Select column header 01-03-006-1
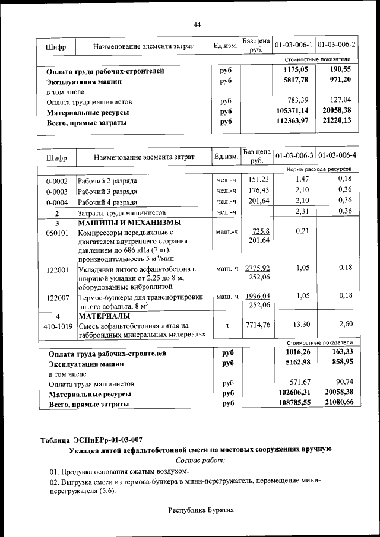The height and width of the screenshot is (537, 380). [293, 45]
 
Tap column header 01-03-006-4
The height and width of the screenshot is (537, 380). [337, 156]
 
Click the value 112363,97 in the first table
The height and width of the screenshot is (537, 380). [293, 122]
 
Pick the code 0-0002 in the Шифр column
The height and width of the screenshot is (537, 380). [57, 180]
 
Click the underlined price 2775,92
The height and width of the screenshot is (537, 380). [258, 268]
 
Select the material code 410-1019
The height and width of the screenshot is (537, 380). [57, 325]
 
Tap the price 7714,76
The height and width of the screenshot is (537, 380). [258, 325]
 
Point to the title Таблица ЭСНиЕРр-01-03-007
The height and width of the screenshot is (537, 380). [91, 440]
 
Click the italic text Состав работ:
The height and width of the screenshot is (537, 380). [200, 460]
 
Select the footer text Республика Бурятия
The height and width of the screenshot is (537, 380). [201, 510]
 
